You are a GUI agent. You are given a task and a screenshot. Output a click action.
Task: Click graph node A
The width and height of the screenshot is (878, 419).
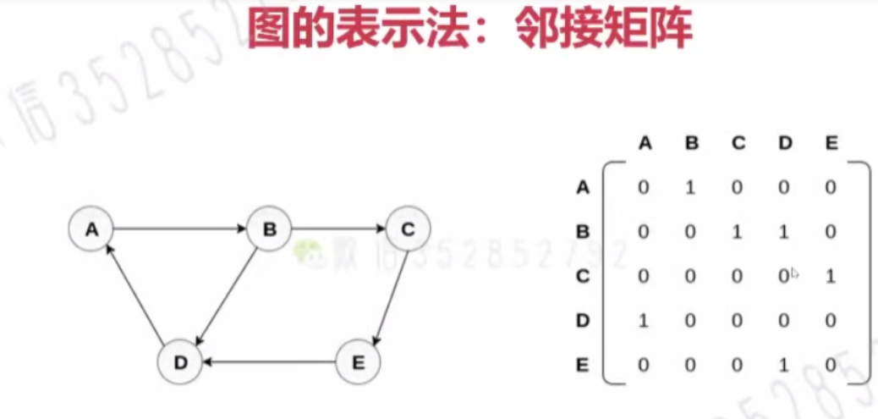click(91, 229)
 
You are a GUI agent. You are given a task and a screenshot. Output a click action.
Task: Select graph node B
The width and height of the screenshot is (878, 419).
click(269, 229)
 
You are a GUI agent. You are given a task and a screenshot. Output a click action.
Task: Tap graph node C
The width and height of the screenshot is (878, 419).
click(408, 229)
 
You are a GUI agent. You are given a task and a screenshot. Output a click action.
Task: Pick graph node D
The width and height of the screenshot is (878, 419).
click(180, 362)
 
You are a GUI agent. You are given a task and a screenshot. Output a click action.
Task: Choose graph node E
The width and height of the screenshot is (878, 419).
click(358, 362)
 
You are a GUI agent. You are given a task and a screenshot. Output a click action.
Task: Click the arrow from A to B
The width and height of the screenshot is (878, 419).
click(180, 229)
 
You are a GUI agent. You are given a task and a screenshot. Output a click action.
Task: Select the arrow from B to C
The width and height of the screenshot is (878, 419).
click(338, 229)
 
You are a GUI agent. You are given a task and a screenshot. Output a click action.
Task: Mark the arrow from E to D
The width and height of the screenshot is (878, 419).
click(269, 362)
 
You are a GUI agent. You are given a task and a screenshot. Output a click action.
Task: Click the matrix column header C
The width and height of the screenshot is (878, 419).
click(738, 143)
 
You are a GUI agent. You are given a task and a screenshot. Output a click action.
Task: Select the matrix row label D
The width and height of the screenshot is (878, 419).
click(582, 321)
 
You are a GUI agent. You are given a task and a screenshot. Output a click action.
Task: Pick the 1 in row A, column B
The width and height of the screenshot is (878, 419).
click(690, 187)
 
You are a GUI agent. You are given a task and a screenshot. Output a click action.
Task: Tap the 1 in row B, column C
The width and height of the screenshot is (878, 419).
click(737, 231)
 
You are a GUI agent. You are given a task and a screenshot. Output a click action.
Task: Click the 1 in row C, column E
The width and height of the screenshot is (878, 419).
click(831, 276)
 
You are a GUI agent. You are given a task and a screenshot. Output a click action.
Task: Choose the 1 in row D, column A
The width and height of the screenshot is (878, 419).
click(644, 321)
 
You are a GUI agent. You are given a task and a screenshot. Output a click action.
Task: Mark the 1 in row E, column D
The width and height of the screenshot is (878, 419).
click(783, 365)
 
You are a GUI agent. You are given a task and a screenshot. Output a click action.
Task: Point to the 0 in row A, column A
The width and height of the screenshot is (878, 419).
click(644, 187)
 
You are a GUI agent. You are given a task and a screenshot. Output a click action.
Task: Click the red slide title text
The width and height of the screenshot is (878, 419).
click(469, 29)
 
